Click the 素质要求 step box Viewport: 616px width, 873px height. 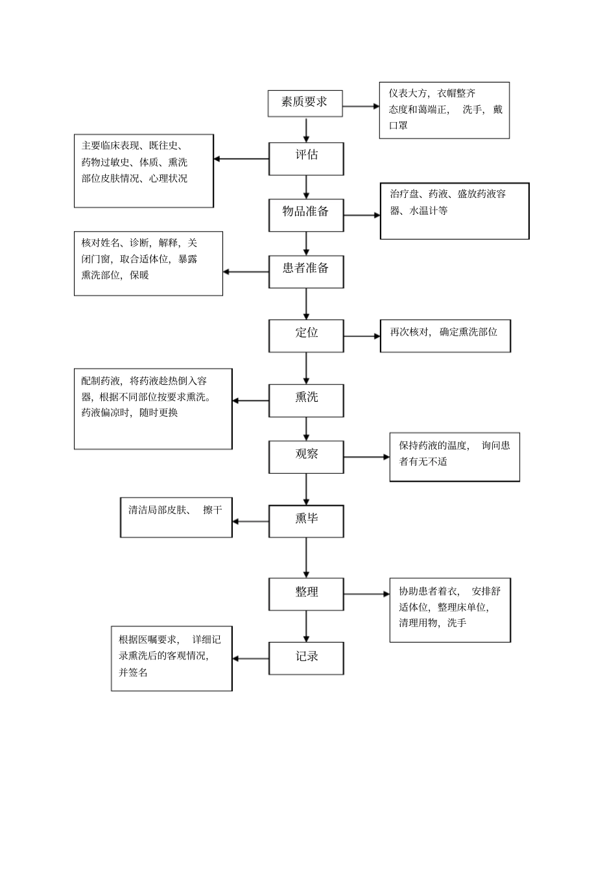pyautogui.click(x=305, y=103)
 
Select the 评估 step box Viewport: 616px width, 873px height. pyautogui.click(x=306, y=158)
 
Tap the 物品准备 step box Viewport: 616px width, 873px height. pyautogui.click(x=306, y=214)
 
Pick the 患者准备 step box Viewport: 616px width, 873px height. pyautogui.click(x=306, y=271)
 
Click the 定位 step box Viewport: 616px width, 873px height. pyautogui.click(x=306, y=335)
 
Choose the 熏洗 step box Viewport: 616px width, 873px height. pyautogui.click(x=306, y=400)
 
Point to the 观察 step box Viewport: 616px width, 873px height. pyautogui.click(x=306, y=456)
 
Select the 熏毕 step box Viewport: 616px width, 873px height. pyautogui.click(x=306, y=521)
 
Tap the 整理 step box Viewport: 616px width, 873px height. pyautogui.click(x=306, y=593)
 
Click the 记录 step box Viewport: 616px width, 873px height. pyautogui.click(x=306, y=658)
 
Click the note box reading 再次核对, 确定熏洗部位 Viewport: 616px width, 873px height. pyautogui.click(x=445, y=336)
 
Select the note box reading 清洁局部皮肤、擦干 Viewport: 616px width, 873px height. pyautogui.click(x=176, y=517)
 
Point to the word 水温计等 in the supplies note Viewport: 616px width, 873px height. pyautogui.click(x=428, y=211)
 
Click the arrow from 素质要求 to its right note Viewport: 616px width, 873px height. pyautogui.click(x=361, y=106)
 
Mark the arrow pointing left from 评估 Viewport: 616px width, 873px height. pyautogui.click(x=241, y=159)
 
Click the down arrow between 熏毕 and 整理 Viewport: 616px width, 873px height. pyautogui.click(x=306, y=558)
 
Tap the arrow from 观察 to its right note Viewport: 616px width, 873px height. pyautogui.click(x=366, y=457)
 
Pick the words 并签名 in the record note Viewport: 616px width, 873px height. pyautogui.click(x=133, y=672)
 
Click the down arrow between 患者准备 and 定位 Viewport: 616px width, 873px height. pyautogui.click(x=306, y=303)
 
